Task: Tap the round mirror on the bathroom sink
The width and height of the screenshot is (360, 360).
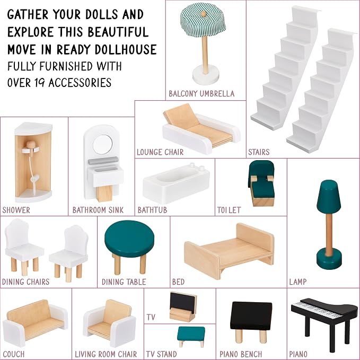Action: pyautogui.click(x=103, y=144)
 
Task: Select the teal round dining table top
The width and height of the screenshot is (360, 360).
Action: pyautogui.click(x=129, y=238)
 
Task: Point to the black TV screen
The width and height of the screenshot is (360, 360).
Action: pyautogui.click(x=183, y=302)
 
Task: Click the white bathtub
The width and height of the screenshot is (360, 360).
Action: pyautogui.click(x=176, y=183)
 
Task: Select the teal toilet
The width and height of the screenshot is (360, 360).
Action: pyautogui.click(x=261, y=183)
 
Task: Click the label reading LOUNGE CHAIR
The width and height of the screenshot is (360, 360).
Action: pyautogui.click(x=160, y=152)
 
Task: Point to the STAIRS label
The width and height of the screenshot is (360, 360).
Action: pyautogui.click(x=259, y=152)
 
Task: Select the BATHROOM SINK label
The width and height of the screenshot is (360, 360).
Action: pyautogui.click(x=98, y=210)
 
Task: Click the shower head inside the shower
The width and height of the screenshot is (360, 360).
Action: pyautogui.click(x=31, y=145)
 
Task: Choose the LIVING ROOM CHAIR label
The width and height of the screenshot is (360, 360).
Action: pyautogui.click(x=106, y=354)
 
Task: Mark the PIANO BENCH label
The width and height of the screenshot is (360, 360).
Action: pyautogui.click(x=241, y=354)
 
